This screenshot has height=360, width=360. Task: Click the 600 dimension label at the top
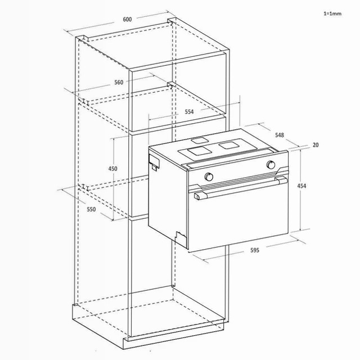[127, 19]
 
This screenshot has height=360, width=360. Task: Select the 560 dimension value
[119, 82]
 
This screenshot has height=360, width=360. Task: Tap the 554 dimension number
[189, 112]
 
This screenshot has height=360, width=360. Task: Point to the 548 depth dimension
[280, 135]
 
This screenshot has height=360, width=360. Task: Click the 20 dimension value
[316, 145]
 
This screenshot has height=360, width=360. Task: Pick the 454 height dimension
[301, 186]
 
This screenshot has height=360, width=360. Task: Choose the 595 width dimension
[255, 250]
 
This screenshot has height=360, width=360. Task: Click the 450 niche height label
[112, 169]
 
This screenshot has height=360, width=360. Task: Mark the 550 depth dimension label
[91, 209]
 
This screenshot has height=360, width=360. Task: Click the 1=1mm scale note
[332, 13]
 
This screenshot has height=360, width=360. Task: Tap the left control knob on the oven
[209, 177]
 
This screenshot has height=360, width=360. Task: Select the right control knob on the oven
[271, 165]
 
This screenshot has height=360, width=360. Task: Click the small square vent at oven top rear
[199, 140]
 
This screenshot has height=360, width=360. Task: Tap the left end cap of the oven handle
[197, 196]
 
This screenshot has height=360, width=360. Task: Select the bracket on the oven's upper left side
[154, 161]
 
